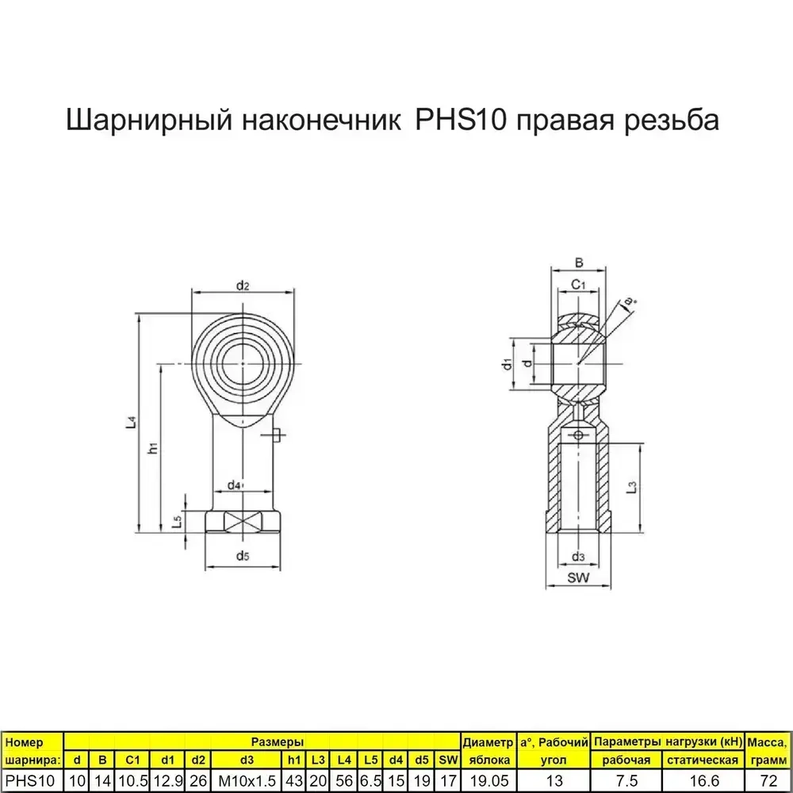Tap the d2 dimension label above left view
pos(243,285)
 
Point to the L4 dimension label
pos(132,424)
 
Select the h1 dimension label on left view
pos(154,448)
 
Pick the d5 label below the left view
pos(243,557)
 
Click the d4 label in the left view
pos(234,485)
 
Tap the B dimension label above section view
pos(579,263)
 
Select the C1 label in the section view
pos(578,284)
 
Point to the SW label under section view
pos(579,578)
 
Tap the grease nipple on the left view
pos(277,434)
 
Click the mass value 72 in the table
pos(767,781)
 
